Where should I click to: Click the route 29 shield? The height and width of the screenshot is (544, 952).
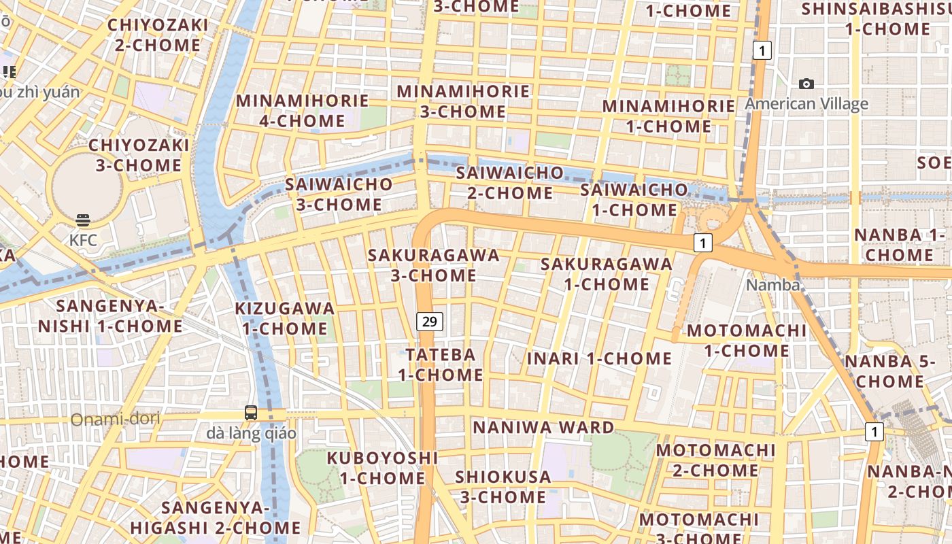tap(429, 321)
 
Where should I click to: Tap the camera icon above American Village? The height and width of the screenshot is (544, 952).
tap(806, 84)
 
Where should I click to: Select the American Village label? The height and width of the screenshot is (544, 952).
tap(806, 104)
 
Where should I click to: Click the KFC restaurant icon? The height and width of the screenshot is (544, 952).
tap(83, 220)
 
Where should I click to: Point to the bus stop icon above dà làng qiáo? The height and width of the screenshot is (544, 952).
tap(251, 412)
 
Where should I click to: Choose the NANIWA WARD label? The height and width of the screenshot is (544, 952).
tap(543, 428)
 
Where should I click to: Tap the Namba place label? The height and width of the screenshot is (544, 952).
tap(773, 285)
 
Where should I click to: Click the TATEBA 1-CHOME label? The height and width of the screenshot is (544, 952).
tap(441, 364)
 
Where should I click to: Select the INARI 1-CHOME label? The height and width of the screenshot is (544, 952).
tap(599, 358)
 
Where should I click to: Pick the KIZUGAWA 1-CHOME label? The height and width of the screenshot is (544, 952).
tap(285, 318)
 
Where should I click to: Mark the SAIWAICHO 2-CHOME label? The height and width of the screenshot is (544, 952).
tap(510, 182)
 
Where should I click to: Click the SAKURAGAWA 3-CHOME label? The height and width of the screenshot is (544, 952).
tap(434, 265)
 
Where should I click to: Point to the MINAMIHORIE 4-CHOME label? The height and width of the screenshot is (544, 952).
tap(302, 111)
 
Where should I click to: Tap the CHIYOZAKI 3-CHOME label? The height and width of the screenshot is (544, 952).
tap(139, 155)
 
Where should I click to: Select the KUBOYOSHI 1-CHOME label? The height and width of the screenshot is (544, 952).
tap(382, 468)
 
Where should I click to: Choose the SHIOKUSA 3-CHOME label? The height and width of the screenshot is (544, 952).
tap(503, 487)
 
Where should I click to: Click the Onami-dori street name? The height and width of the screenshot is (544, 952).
tap(115, 419)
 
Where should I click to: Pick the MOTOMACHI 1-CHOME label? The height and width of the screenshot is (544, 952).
tap(747, 341)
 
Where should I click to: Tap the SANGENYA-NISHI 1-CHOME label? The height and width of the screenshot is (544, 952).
tap(110, 316)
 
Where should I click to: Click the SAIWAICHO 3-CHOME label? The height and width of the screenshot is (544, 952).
tap(339, 194)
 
